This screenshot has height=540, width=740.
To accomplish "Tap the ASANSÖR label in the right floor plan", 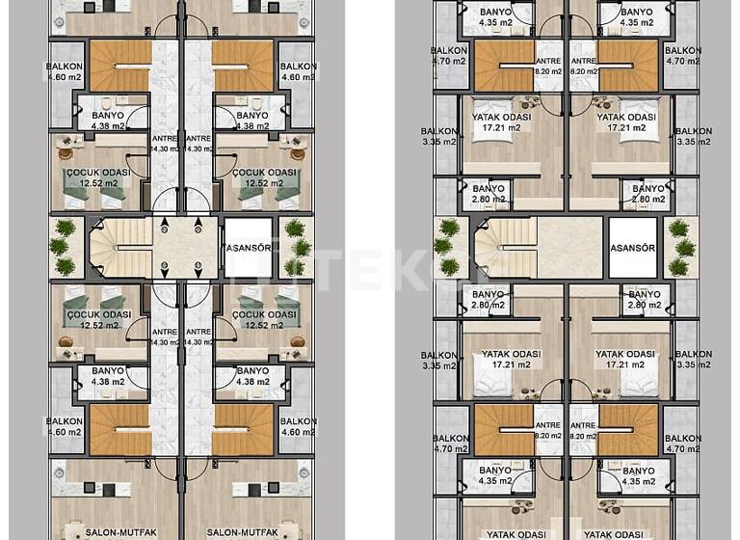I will pos(633,247).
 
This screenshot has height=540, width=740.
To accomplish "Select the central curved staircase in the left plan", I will pos(120,246).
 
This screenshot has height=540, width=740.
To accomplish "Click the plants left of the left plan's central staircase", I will pos(65,246).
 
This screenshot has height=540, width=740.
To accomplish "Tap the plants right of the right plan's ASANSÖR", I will pos(680,246).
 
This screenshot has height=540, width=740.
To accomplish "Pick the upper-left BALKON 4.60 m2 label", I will pos(63,72).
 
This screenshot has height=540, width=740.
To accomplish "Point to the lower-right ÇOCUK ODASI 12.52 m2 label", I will pos(263,319).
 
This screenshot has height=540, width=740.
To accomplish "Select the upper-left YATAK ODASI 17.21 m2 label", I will pos(491,121).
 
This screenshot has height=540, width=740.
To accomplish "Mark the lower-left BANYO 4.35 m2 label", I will pos(494,474).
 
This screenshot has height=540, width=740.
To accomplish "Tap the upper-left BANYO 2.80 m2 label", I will pos(489,194).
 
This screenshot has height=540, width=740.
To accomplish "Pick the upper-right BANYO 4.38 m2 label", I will pos(251,120).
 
